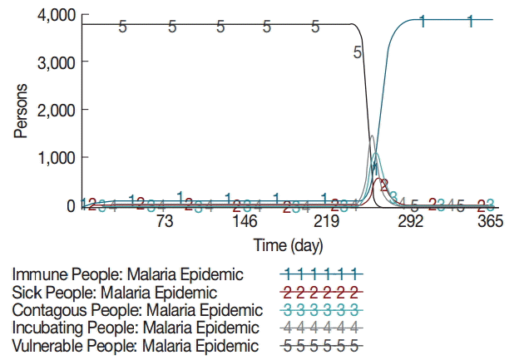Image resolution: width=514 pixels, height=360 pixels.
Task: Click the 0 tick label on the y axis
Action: pos(71,205)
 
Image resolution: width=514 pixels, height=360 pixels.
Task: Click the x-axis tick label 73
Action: pos(164,222)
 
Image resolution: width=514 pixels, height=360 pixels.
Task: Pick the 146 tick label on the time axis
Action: pos(245,222)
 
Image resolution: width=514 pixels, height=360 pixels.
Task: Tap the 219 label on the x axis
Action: pos(326,222)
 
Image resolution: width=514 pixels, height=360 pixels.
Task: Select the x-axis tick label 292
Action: pos(411,222)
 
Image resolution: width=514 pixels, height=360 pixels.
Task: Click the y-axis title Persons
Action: pos(22,111)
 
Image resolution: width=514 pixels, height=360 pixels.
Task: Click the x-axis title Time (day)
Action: pos(289,246)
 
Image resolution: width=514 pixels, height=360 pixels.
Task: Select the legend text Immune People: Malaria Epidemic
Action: pos(128,274)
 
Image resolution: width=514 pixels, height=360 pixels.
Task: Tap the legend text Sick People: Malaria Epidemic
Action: pos(115,293)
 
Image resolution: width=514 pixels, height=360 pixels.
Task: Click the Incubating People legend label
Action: pos(135,328)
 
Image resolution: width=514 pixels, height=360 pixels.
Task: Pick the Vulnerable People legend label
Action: pos(135,346)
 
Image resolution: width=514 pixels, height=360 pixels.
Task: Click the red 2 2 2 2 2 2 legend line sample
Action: pos(319,293)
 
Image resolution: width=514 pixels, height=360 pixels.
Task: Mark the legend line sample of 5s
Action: pos(319,346)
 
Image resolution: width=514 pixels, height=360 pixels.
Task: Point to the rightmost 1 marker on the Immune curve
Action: pos(471,21)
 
